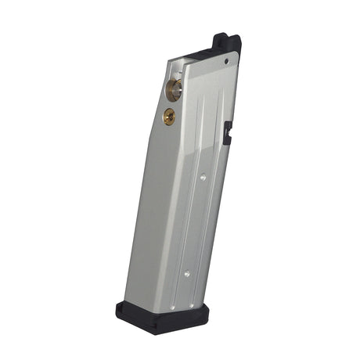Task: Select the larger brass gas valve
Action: pyautogui.click(x=174, y=88)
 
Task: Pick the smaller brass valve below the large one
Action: pyautogui.click(x=169, y=116)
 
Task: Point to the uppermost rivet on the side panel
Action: pyautogui.click(x=203, y=178)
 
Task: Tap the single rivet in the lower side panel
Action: pyautogui.click(x=186, y=273)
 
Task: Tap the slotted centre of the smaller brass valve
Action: pyautogui.click(x=169, y=116)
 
